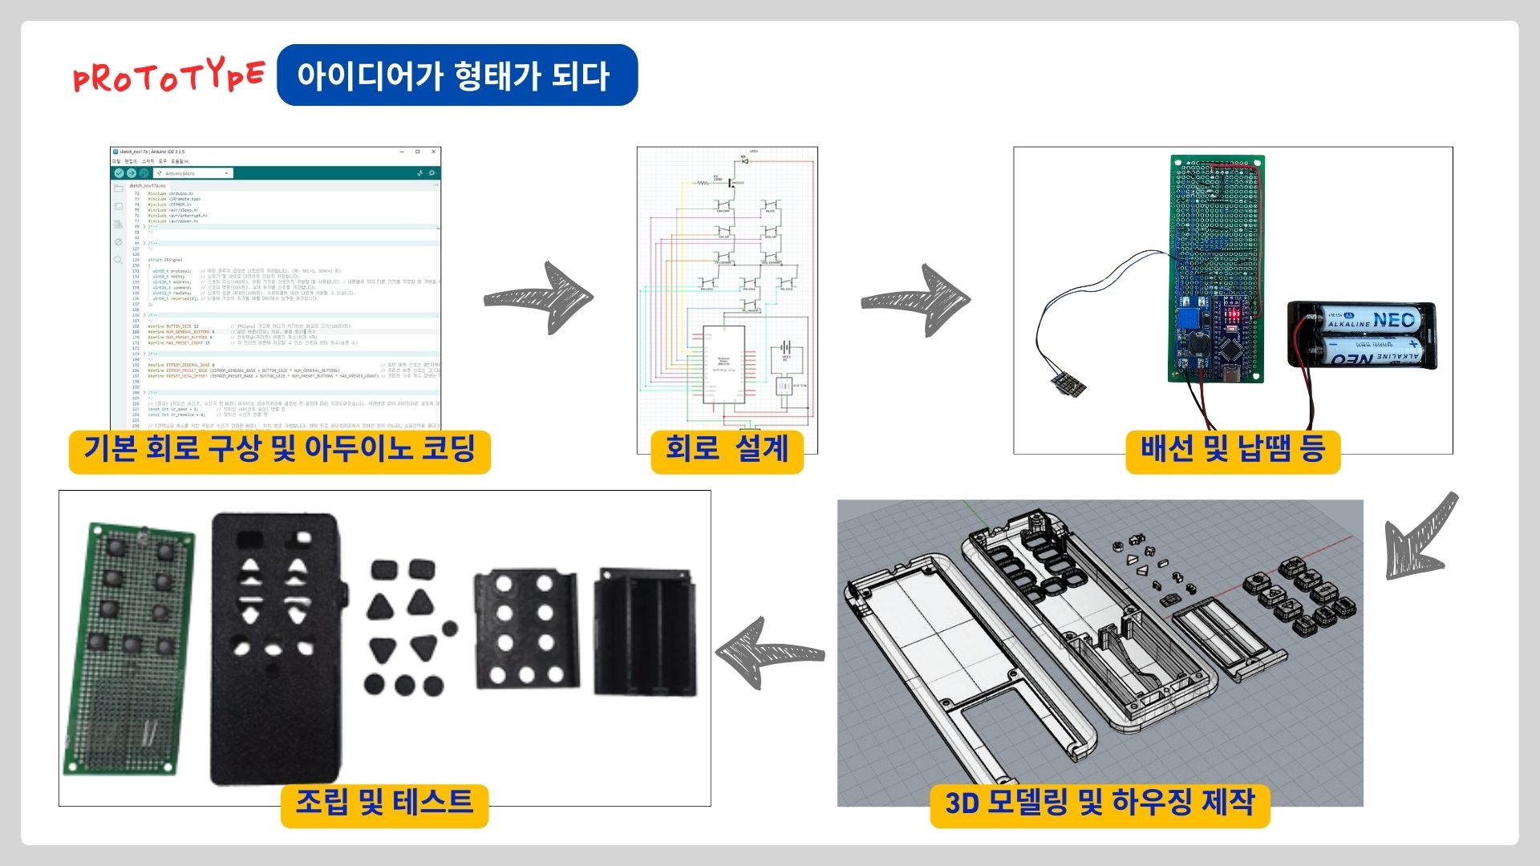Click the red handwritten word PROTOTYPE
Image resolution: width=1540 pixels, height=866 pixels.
(x=168, y=77)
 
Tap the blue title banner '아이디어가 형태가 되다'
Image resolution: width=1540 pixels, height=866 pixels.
(x=456, y=75)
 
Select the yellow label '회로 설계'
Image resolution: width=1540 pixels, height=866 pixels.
(x=727, y=449)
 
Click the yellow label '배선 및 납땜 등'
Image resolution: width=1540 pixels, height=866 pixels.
(x=1233, y=449)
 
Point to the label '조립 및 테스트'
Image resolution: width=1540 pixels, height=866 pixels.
(x=384, y=803)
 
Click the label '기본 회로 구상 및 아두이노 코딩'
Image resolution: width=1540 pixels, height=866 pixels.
(x=279, y=449)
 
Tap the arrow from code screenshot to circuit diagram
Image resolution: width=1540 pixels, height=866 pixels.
(x=539, y=297)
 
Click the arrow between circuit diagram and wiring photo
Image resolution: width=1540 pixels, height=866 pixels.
(x=916, y=299)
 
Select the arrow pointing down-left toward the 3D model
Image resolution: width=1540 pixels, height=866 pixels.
(x=1420, y=537)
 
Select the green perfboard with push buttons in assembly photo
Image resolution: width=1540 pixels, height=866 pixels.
(x=130, y=648)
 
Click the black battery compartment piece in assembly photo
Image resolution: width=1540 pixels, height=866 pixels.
(x=646, y=633)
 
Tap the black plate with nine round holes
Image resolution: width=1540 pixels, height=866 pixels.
(x=526, y=629)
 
